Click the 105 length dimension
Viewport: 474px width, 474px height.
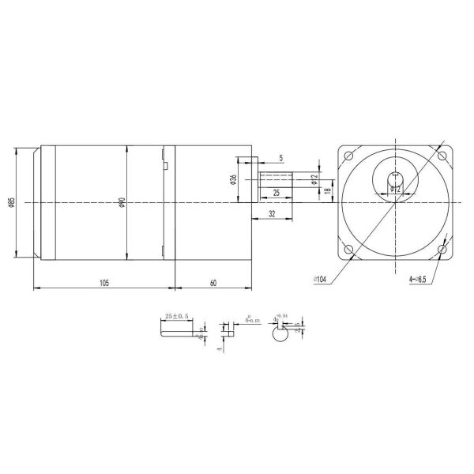(103, 281)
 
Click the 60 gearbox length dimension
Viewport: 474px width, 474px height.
(213, 281)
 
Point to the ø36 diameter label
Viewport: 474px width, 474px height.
(235, 181)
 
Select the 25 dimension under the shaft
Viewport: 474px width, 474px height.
(276, 192)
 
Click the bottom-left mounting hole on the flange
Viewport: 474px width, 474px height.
(348, 250)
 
